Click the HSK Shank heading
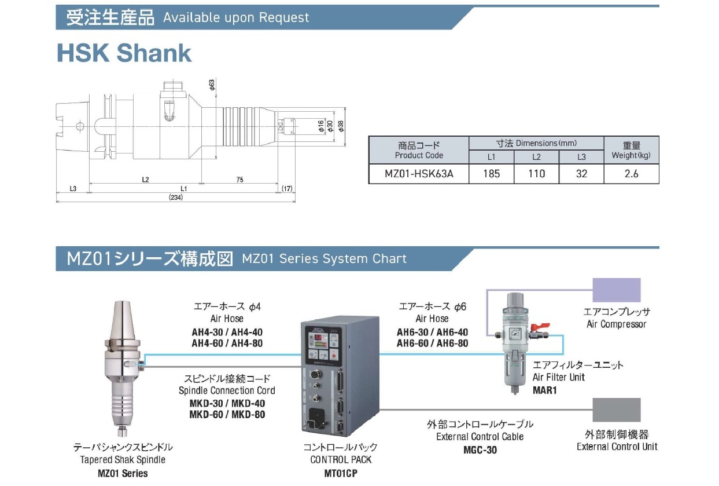[x=124, y=53]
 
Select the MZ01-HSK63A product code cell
[x=419, y=173]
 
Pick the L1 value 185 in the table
[x=491, y=173]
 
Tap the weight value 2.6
[x=631, y=173]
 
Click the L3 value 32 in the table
[x=581, y=173]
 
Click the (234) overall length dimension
[x=176, y=198]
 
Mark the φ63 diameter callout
[x=212, y=85]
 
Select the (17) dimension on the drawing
[x=287, y=189]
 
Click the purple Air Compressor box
[x=617, y=290]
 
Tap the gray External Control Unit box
[x=617, y=410]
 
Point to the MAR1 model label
[x=544, y=390]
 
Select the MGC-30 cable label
[x=480, y=450]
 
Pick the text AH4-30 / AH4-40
[x=227, y=332]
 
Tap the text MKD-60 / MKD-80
[x=227, y=414]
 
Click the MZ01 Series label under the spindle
[x=123, y=473]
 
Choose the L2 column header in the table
[x=536, y=158]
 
